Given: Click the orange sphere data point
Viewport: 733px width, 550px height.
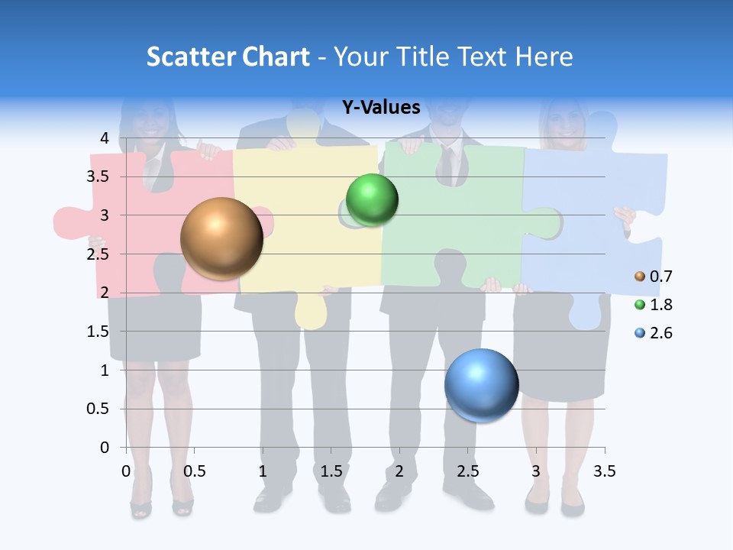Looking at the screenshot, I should pyautogui.click(x=221, y=238).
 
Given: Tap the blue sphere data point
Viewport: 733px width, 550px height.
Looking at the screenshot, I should pyautogui.click(x=481, y=385).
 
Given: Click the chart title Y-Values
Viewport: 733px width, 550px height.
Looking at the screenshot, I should pyautogui.click(x=381, y=108).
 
